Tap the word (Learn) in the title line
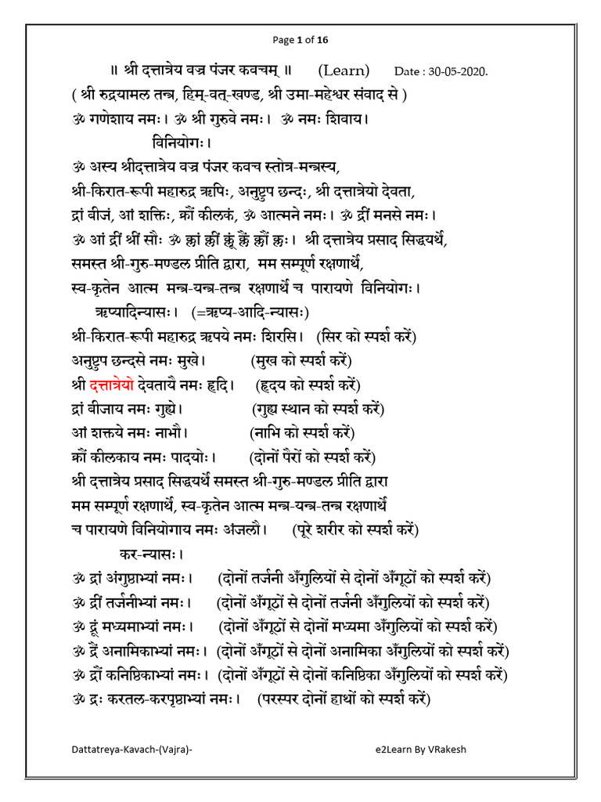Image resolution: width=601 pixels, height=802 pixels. click(344, 70)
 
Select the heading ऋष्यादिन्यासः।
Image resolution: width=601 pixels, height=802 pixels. click(138, 312)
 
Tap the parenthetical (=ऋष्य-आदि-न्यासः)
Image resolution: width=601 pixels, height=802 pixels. click(250, 312)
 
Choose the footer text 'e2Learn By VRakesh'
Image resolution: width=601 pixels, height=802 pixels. click(420, 749)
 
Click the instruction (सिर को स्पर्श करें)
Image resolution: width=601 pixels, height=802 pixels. click(366, 337)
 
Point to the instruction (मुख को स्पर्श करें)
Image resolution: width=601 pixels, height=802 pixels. click(301, 361)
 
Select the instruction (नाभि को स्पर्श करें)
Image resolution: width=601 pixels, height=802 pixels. click(302, 433)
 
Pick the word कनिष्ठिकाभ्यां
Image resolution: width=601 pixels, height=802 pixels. click(148, 675)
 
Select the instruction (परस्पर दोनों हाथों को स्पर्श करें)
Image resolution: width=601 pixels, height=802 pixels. click(344, 699)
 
